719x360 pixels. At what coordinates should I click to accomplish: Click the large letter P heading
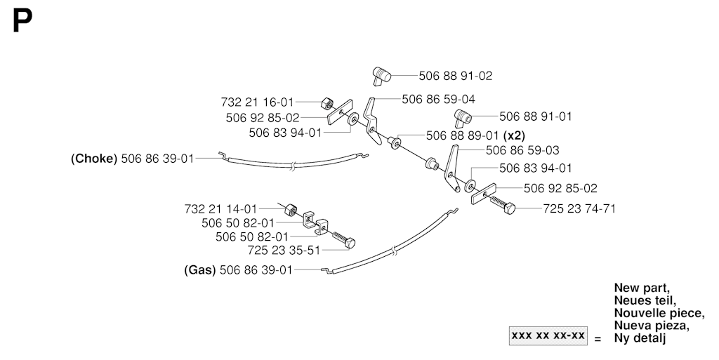22,22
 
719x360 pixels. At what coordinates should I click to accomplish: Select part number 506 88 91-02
455,76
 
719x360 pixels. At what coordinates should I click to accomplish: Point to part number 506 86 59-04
438,100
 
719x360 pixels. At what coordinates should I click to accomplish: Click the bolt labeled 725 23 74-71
503,204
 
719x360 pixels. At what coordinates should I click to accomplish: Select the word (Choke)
94,159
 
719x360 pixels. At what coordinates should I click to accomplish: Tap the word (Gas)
200,270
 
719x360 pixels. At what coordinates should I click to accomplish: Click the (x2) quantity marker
514,135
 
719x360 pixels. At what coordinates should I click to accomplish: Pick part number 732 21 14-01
221,209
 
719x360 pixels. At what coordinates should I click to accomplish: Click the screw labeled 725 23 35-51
343,239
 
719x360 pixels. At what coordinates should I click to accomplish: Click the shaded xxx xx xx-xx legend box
548,335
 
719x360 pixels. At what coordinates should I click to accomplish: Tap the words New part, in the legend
642,288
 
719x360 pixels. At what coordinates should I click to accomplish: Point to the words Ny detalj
640,338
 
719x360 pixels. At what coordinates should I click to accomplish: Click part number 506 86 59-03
522,150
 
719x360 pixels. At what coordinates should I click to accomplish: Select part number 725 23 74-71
579,209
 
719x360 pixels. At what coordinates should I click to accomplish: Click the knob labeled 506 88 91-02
381,76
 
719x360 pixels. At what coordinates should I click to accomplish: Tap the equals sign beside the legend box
598,340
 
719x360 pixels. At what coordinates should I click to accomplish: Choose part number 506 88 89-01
463,135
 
